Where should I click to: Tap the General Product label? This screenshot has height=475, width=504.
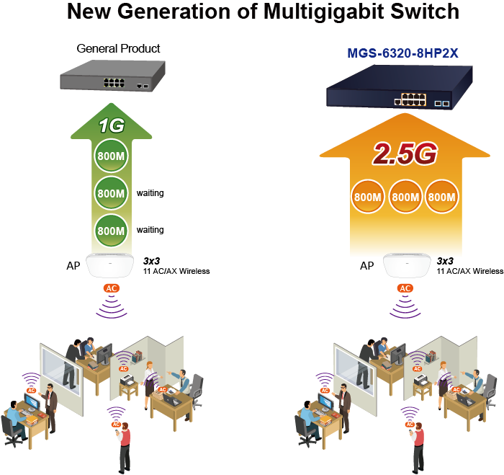118,48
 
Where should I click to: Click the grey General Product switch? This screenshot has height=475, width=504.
112,75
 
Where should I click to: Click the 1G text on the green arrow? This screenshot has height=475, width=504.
112,126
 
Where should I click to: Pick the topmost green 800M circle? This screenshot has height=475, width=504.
112,158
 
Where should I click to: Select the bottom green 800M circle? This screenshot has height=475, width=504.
112,231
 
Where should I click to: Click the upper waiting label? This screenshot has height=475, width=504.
150,193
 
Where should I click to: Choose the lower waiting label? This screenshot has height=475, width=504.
150,230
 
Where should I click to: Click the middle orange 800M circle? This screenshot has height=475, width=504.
406,197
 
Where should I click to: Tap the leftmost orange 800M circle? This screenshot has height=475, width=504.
368,197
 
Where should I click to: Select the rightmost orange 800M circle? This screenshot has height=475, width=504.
442,197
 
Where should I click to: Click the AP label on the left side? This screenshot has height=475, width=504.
73,266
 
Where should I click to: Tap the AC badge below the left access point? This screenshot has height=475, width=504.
112,288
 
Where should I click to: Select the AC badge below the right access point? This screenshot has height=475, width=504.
405,288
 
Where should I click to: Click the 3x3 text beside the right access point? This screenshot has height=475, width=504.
445,260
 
